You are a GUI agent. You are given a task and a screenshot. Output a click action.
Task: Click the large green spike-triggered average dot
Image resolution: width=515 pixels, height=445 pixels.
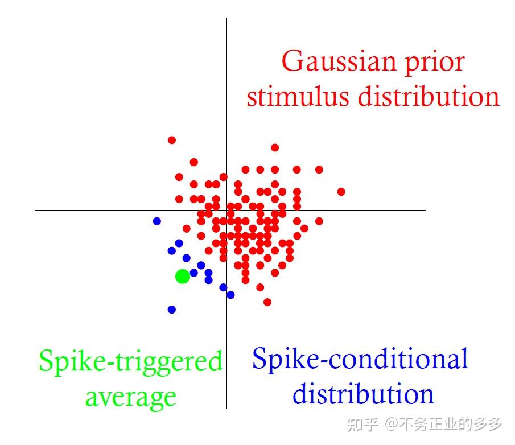[182, 277]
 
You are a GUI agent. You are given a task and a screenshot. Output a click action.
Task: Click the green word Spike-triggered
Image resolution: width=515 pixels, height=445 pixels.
[130, 362]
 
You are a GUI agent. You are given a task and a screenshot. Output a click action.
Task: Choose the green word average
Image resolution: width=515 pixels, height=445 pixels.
[130, 397]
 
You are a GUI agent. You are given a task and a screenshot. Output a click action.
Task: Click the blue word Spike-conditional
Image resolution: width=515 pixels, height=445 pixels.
[360, 359]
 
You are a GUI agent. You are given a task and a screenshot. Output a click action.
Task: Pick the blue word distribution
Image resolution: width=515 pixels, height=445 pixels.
[363, 394]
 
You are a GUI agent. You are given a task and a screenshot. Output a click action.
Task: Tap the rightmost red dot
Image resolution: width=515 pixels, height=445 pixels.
[341, 192]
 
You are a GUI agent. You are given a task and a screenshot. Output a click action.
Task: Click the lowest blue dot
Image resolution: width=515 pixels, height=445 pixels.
[172, 310]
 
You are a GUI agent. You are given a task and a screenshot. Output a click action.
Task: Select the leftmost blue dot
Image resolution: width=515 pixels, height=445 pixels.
[157, 221]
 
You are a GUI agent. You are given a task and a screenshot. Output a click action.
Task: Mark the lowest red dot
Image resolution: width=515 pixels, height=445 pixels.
[267, 302]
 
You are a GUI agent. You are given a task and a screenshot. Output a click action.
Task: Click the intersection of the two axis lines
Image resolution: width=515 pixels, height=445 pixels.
[227, 210]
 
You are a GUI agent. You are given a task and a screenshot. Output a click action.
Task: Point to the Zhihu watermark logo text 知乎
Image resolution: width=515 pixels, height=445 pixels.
[363, 425]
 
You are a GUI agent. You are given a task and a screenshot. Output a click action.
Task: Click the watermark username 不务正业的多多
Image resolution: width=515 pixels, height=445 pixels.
[450, 425]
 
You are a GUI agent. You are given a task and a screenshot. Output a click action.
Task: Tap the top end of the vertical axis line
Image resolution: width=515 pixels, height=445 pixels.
[227, 19]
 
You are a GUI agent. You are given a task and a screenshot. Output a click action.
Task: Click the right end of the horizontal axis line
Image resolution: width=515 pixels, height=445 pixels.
[425, 210]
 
